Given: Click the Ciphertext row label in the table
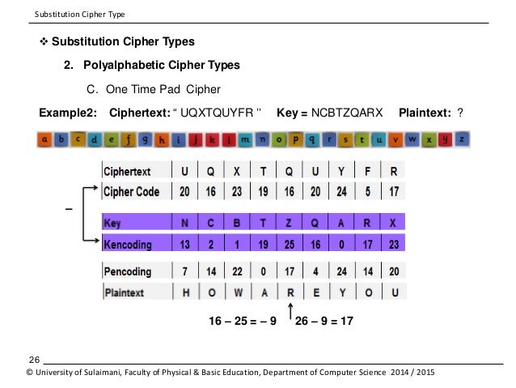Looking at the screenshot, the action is click(x=131, y=172).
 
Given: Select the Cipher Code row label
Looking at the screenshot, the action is click(x=132, y=192).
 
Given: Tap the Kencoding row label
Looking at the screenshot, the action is click(x=131, y=242).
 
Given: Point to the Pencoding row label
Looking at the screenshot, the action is click(x=132, y=271).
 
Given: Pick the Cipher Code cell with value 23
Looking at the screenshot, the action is click(x=238, y=192).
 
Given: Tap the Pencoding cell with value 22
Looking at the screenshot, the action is click(x=238, y=271).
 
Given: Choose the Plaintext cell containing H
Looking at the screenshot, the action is click(x=186, y=292).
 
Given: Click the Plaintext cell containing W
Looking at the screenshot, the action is click(x=238, y=292).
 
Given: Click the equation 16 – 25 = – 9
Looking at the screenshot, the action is click(x=242, y=321).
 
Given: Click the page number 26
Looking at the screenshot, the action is click(x=34, y=358).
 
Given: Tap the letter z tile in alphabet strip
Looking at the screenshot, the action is click(x=461, y=139).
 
